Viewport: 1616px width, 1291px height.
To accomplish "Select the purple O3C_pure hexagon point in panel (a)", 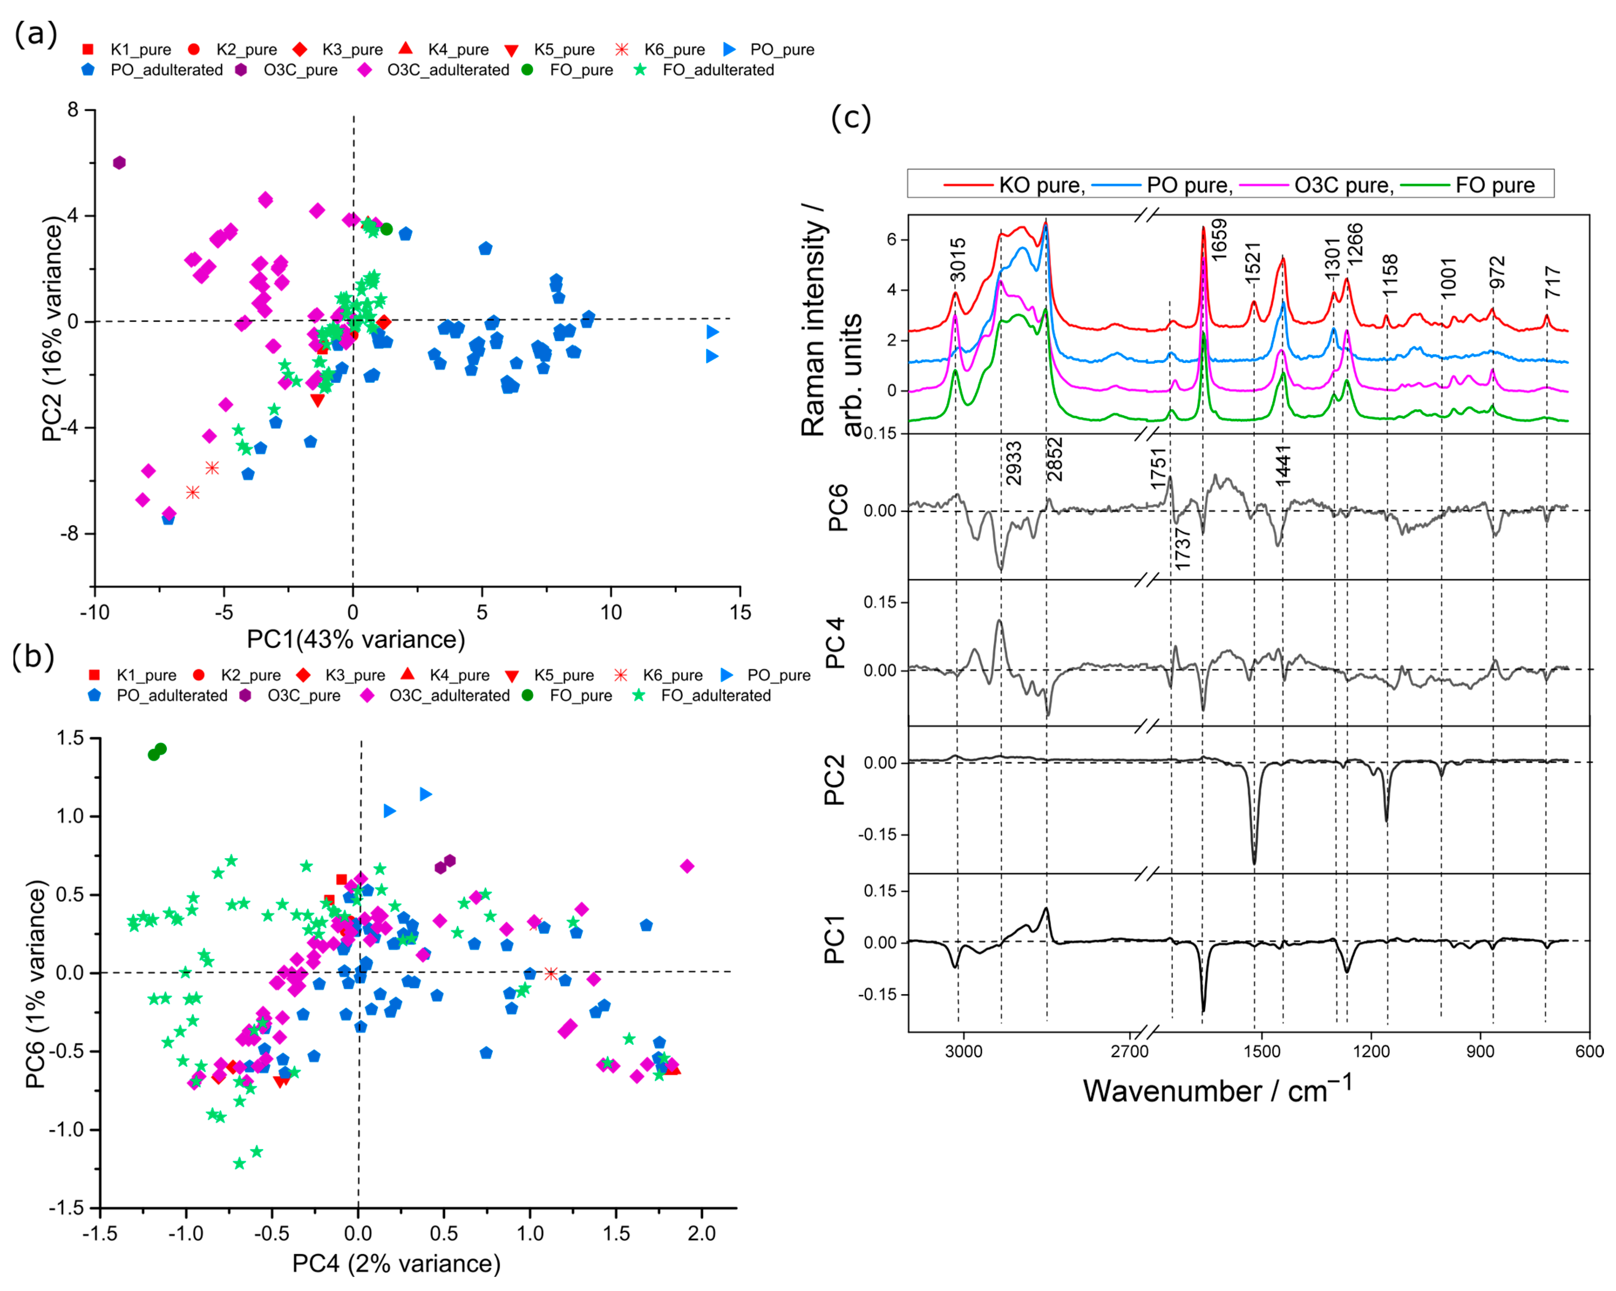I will pos(118,163).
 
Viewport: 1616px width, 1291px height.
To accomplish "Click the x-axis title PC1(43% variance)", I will pos(356,639).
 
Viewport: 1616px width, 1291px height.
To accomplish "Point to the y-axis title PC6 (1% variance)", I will pos(36,983).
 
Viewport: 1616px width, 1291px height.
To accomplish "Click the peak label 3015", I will pos(958,260).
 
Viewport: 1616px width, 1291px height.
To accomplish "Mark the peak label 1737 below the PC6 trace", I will pos(1183,549).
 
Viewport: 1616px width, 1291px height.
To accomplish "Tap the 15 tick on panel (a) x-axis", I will pos(740,612).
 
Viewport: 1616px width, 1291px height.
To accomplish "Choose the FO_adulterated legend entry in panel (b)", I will pos(715,695).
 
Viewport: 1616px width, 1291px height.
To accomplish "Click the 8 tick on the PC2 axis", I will pos(73,110).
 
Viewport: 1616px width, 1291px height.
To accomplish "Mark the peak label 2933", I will pos(1013,463).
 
